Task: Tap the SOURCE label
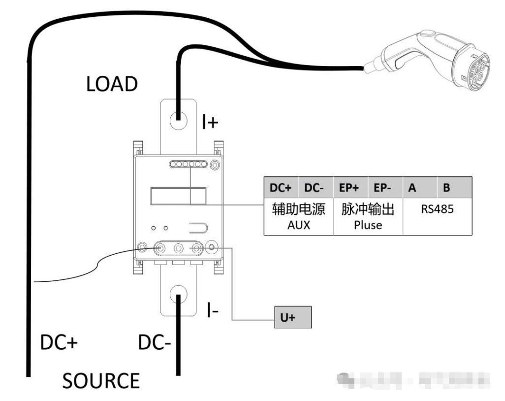click(101, 381)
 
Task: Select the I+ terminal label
click(210, 122)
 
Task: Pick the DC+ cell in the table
click(282, 189)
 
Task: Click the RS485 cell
click(437, 209)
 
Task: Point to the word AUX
click(299, 225)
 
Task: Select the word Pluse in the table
click(368, 225)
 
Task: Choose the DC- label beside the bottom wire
click(154, 343)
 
